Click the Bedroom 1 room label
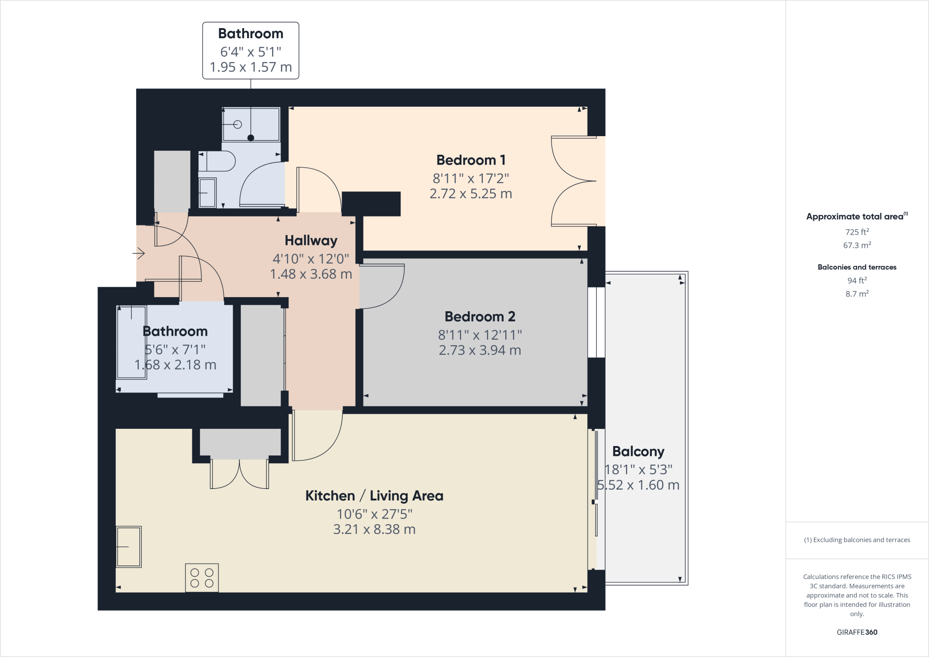coord(470,160)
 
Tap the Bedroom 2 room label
coord(479,317)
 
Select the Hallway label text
coord(311,240)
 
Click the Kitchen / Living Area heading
coord(374,496)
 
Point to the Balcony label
coord(638,451)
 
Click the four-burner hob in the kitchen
coord(202,578)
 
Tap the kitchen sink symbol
coord(129,547)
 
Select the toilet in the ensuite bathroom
coord(218,161)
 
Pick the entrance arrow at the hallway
coord(139,253)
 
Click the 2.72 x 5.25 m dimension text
coord(470,194)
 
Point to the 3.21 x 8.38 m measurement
coord(374,530)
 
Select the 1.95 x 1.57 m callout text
coord(250,67)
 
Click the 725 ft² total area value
coord(856,232)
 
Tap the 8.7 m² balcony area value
coord(856,294)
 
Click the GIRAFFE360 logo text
coord(856,632)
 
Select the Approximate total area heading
coord(855,217)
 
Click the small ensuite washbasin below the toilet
coord(208,193)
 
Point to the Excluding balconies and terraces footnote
coord(857,540)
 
